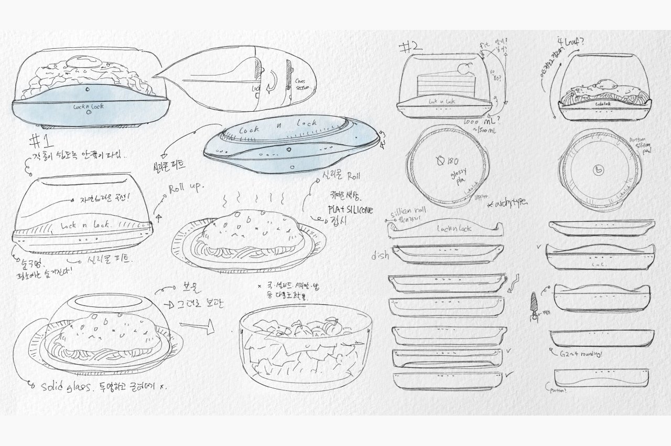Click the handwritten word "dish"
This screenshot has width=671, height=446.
pyautogui.click(x=380, y=256)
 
